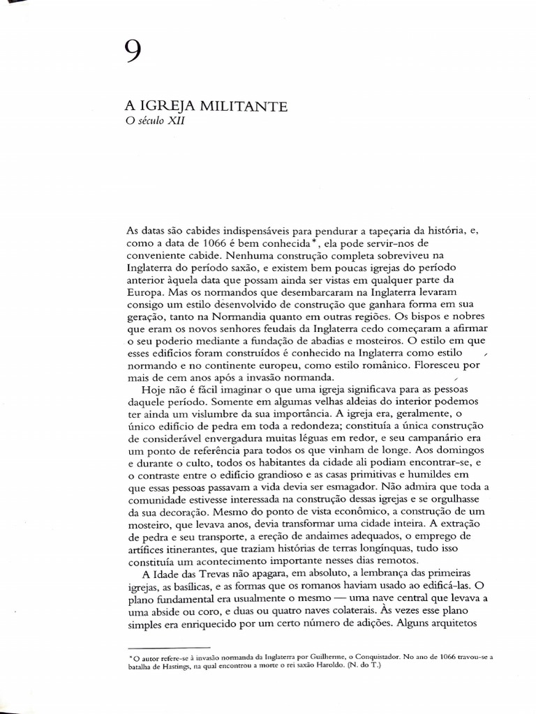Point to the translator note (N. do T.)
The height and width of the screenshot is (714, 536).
point(363,666)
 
